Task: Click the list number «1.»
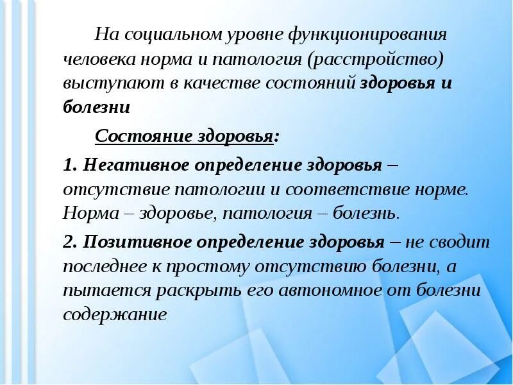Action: pos(70,164)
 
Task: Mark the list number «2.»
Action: pos(70,242)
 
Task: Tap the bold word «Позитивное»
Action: pos(133,242)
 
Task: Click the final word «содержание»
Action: pos(115,314)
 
